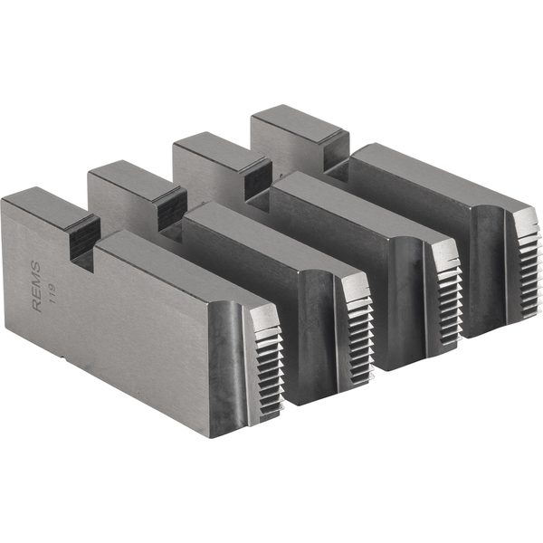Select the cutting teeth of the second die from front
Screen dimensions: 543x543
tap(357, 321)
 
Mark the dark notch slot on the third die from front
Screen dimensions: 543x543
tap(257, 177)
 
